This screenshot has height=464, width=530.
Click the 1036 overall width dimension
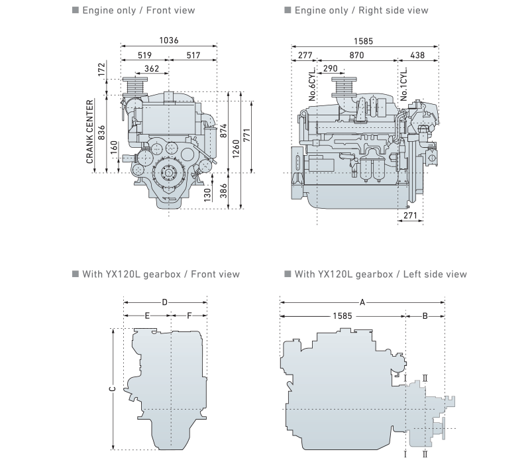pos(169,41)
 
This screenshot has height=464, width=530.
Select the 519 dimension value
pos(145,56)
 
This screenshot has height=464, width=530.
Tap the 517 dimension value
pos(193,56)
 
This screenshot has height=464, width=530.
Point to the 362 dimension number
pos(151,68)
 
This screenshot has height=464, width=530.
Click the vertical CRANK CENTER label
pos(90,132)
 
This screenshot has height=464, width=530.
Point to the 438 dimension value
pos(417,56)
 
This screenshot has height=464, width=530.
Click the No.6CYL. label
pos(312,84)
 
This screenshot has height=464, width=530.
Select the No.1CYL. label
pos(403,84)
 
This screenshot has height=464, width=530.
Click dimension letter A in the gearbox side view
pos(362,302)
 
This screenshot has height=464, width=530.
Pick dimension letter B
pos(425,316)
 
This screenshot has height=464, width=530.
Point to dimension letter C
pos(112,388)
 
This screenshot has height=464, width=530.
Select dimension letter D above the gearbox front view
pos(165,302)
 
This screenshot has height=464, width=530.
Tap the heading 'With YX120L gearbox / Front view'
pos(161,274)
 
